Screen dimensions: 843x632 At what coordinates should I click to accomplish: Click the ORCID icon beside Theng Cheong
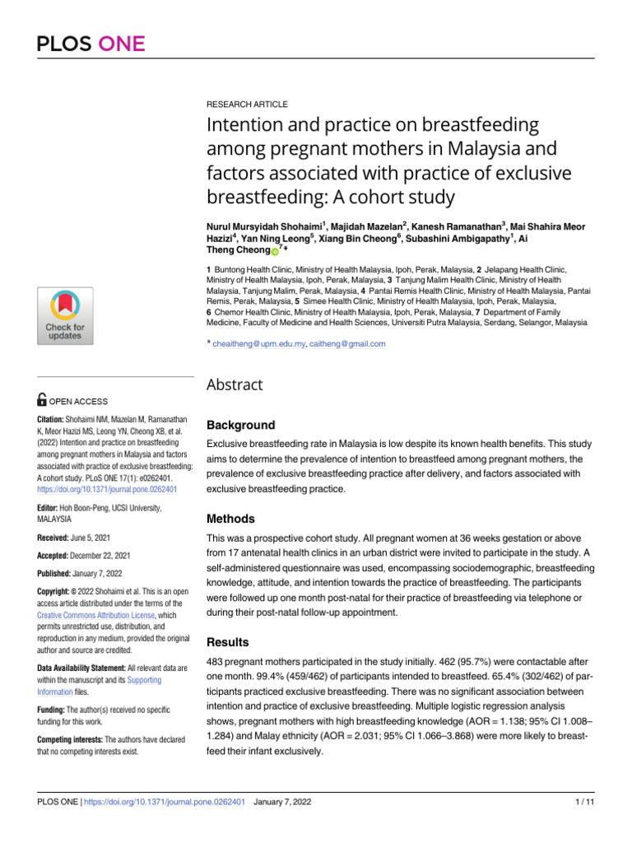click(x=275, y=251)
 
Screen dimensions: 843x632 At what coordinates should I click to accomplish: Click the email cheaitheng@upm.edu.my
click(x=256, y=344)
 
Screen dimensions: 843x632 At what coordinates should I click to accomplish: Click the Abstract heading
click(x=236, y=384)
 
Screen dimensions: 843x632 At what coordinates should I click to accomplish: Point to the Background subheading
click(x=240, y=426)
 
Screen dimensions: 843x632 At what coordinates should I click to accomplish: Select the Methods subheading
click(x=233, y=519)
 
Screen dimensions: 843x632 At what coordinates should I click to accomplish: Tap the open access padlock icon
click(x=41, y=401)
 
